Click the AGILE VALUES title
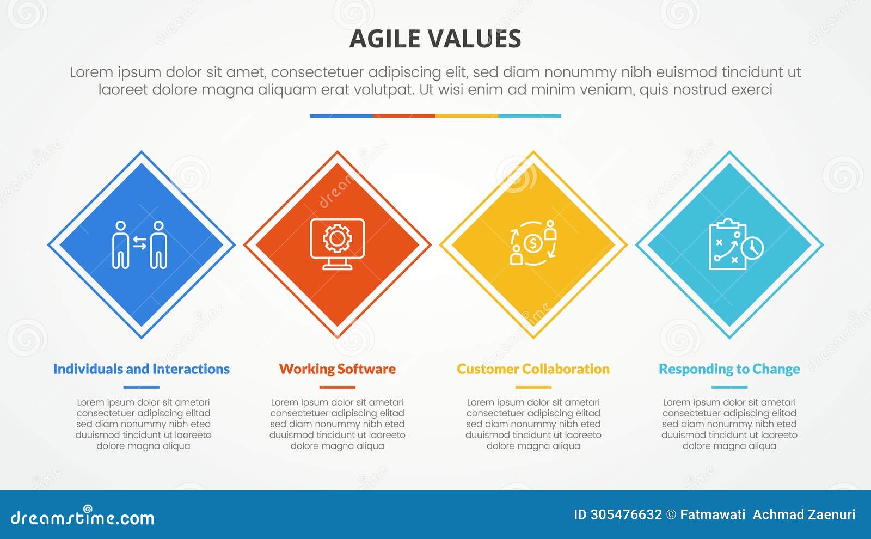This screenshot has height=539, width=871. [x=435, y=39]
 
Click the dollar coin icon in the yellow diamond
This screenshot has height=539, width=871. [x=532, y=243]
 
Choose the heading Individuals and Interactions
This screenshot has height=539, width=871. [x=141, y=369]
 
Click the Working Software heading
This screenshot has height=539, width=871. [x=337, y=369]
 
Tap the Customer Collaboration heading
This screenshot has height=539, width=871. [x=533, y=369]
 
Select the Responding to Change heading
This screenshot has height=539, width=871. [x=729, y=369]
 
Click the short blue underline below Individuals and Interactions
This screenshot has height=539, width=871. [x=141, y=387]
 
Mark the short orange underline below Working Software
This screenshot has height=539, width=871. [x=337, y=387]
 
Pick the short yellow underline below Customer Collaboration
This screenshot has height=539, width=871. [x=533, y=387]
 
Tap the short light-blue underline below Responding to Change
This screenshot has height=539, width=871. [x=729, y=387]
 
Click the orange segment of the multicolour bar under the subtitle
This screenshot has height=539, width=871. [x=404, y=116]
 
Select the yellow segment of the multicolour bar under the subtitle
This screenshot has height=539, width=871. [x=467, y=116]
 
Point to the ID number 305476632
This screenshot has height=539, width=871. [x=626, y=514]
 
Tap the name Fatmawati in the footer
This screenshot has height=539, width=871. [x=713, y=514]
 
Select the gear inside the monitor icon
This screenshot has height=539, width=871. [x=337, y=238]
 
